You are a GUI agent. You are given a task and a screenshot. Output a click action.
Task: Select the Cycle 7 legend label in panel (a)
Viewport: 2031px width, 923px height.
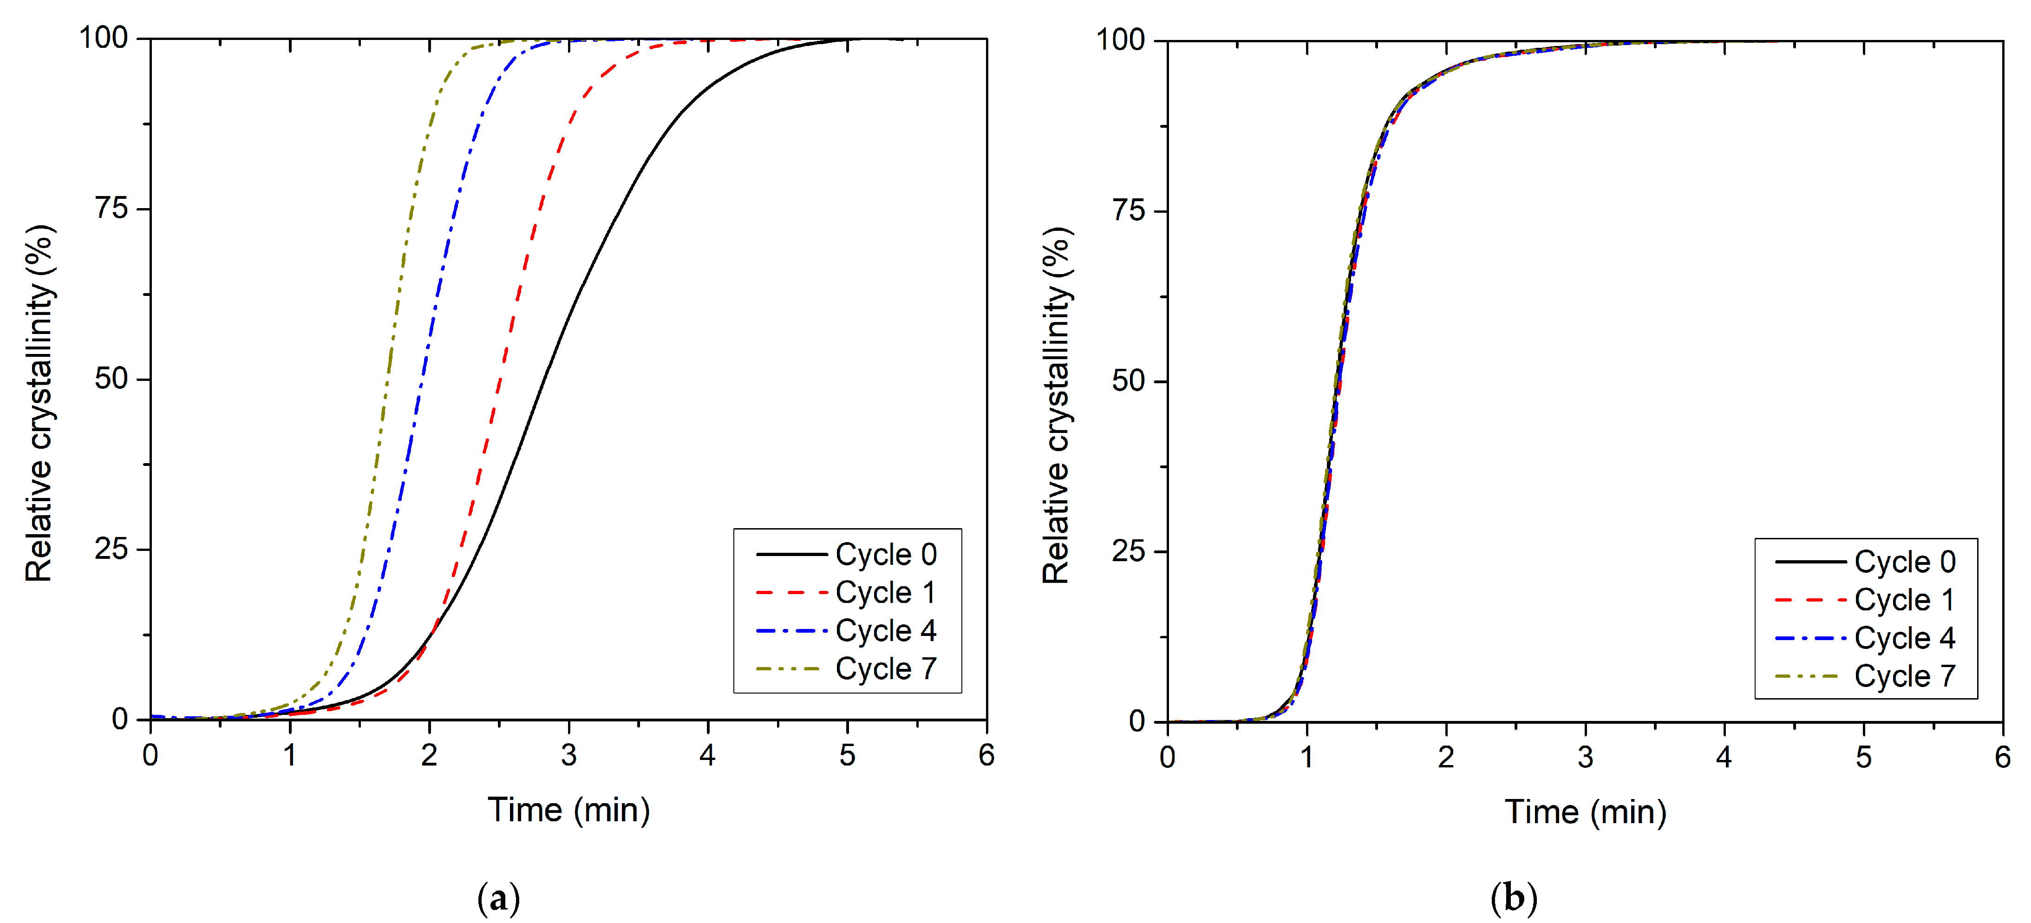[885, 669]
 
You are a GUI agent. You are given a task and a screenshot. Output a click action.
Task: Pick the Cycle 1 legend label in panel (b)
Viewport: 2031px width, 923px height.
[1903, 600]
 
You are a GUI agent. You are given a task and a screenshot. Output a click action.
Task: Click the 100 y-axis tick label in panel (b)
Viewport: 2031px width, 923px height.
[1120, 39]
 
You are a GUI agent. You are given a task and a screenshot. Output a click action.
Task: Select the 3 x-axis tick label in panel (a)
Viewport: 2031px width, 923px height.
[568, 756]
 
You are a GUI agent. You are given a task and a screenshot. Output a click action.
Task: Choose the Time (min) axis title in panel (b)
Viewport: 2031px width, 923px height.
[1585, 812]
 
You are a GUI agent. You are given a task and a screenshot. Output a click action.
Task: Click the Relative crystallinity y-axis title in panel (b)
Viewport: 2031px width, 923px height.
[1057, 406]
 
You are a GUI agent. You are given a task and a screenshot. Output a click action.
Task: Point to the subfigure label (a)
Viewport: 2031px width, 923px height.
[498, 898]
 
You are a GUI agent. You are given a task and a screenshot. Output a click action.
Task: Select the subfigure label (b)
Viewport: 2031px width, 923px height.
[1514, 898]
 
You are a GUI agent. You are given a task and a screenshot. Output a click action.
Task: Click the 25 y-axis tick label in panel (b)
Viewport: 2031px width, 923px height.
[1128, 551]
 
